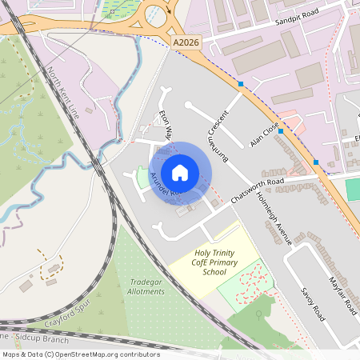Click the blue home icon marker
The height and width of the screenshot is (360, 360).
point(180,173)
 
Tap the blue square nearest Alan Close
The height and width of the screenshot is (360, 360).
point(280,131)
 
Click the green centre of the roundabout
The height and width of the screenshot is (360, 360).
point(154,14)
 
